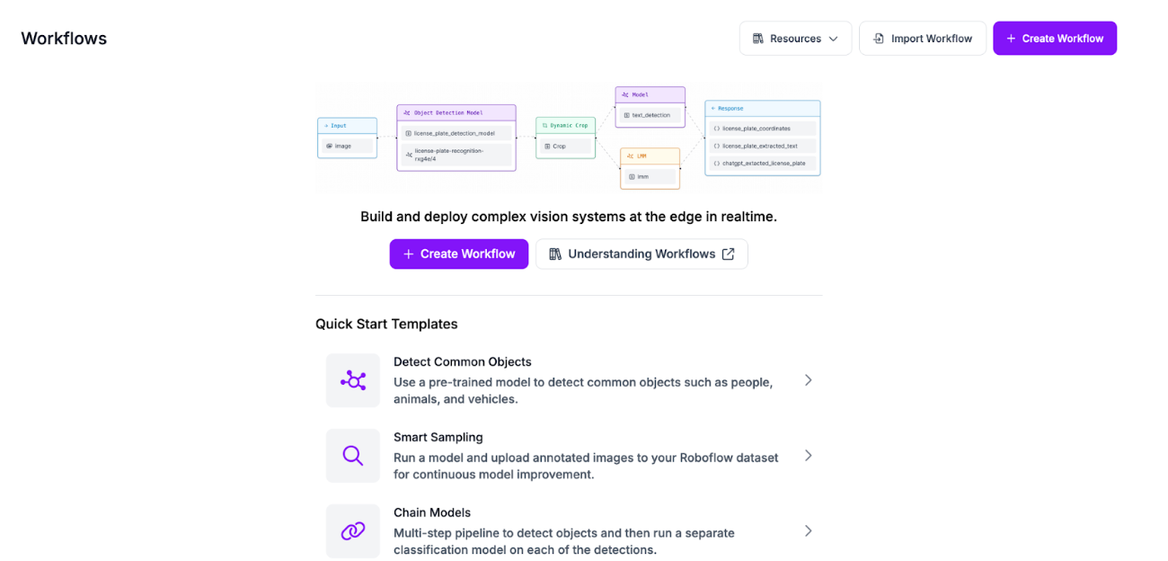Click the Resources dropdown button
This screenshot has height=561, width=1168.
click(795, 39)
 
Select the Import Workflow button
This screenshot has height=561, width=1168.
click(923, 39)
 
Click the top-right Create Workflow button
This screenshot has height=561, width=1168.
click(1055, 39)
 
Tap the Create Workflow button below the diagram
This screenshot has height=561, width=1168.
click(459, 254)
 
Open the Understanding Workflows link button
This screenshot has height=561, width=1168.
click(642, 254)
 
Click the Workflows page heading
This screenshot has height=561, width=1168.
click(64, 39)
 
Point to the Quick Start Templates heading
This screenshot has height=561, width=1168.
click(386, 324)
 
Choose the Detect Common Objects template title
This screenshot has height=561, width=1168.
click(463, 361)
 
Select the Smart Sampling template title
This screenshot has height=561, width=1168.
click(438, 437)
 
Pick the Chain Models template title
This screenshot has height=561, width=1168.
click(432, 512)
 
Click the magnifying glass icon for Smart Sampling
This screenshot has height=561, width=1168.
click(353, 456)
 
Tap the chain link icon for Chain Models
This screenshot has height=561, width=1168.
click(353, 531)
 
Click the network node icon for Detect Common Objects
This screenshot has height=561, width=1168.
click(353, 380)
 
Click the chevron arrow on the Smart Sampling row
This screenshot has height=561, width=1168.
click(809, 456)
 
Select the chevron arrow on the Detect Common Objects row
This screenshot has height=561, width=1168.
click(809, 380)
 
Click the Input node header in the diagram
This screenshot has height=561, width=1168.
click(347, 126)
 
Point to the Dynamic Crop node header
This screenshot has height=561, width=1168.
click(565, 125)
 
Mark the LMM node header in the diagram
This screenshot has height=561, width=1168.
click(650, 156)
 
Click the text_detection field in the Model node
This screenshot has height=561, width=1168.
click(650, 115)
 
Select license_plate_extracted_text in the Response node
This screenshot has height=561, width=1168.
click(762, 146)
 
